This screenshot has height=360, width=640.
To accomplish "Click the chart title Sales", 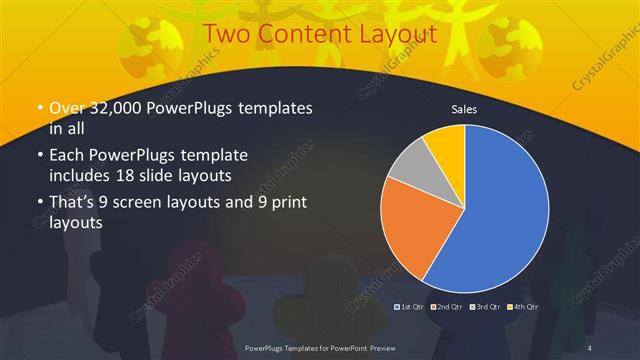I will [x=463, y=108].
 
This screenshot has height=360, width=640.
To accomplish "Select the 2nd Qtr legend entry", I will [x=445, y=306].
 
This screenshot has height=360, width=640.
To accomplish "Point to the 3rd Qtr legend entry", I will [x=485, y=306].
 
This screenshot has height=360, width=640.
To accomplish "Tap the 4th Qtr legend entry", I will [x=523, y=306].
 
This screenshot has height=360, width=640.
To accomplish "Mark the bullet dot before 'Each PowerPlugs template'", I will [x=40, y=157].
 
